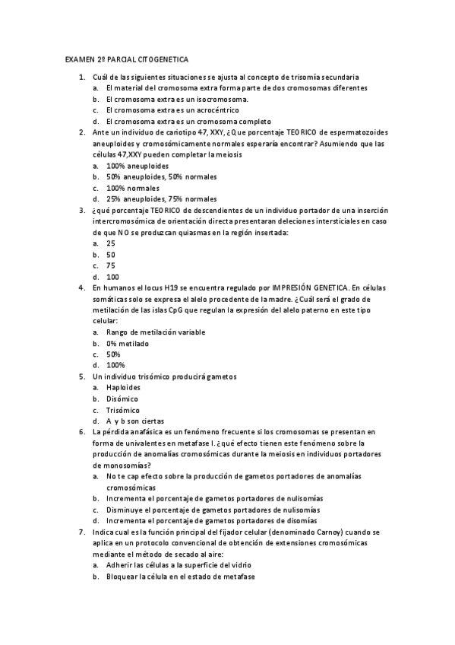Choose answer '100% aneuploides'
137,166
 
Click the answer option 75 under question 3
111,265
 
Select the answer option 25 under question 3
111,243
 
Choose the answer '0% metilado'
128,344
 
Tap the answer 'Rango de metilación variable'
156,332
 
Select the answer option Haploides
123,388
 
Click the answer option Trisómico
123,410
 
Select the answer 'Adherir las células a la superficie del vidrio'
179,565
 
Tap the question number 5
82,377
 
